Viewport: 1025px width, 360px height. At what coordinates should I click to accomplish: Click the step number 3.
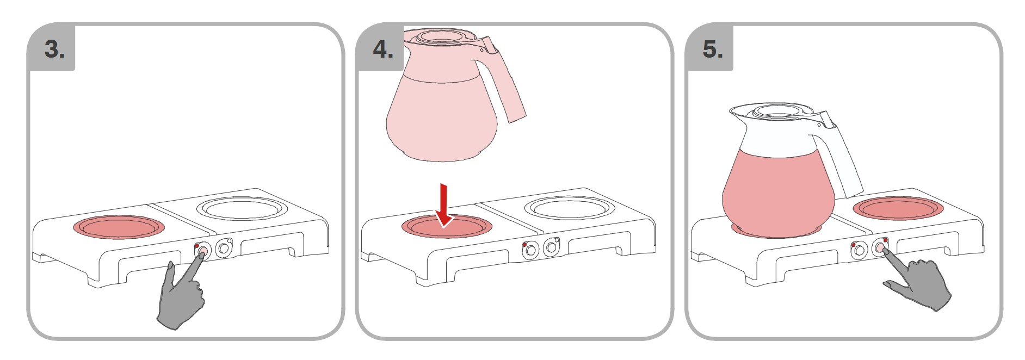54,49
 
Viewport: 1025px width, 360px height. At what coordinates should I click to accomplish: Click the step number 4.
383,49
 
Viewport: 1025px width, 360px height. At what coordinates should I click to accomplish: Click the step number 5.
713,49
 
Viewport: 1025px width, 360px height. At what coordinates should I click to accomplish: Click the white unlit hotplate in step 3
240,209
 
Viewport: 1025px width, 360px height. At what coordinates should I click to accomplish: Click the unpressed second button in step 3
223,249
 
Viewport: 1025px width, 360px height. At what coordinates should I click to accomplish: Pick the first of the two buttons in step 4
530,250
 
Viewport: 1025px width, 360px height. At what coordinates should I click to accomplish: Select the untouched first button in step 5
859,250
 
